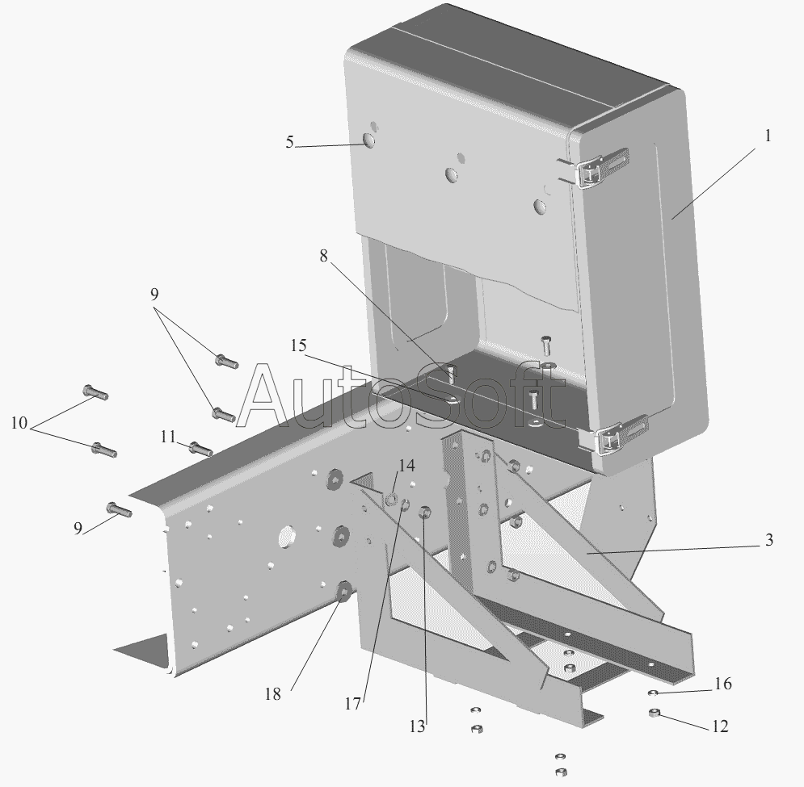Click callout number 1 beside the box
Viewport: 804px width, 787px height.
(767, 136)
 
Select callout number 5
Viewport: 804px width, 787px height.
(289, 143)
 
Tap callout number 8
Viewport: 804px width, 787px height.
(324, 257)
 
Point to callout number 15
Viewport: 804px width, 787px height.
(298, 345)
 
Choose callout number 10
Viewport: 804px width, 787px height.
(19, 422)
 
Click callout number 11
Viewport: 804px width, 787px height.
(167, 437)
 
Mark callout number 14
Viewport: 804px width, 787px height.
(406, 466)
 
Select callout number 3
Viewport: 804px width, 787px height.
(769, 540)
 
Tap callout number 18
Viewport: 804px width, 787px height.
(273, 693)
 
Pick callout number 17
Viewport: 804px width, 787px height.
(351, 704)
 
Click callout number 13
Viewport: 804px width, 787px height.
(416, 726)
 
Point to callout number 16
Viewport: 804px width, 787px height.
(722, 684)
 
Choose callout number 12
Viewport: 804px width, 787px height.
(719, 726)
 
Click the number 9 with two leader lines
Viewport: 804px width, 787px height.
(154, 295)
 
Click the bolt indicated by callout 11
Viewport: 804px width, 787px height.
(200, 448)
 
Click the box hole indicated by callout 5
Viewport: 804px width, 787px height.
(369, 141)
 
